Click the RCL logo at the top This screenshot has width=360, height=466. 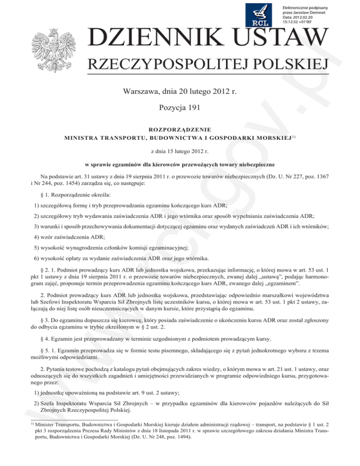[263, 15]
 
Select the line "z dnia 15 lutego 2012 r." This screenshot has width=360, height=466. [180, 151]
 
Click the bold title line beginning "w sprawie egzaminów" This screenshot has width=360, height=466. [180, 165]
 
